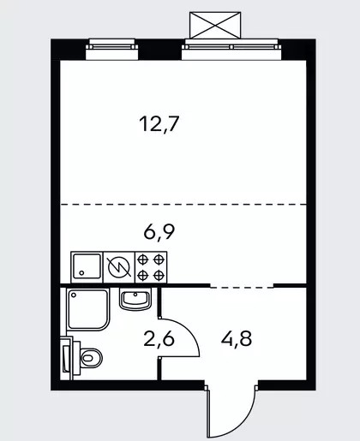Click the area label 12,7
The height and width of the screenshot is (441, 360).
(159, 124)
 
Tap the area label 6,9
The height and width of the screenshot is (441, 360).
(159, 232)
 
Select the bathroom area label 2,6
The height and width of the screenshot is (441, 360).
(159, 339)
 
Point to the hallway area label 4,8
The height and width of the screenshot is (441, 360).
(237, 339)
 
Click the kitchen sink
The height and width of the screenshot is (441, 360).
(87, 267)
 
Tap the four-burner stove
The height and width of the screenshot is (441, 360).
(151, 267)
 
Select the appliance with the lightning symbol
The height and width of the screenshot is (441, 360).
(119, 267)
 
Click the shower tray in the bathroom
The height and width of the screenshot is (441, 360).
(88, 309)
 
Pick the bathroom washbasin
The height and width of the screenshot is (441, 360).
(135, 299)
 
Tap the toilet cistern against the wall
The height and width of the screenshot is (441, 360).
(67, 358)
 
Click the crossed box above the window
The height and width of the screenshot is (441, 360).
(215, 25)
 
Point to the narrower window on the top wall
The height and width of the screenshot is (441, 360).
(112, 49)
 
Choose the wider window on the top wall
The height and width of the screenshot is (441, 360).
(231, 49)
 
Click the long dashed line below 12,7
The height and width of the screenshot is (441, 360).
(183, 205)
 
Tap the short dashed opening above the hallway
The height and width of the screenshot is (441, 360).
(242, 288)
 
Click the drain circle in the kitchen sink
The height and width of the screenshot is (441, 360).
(81, 273)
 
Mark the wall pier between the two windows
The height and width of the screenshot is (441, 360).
(160, 50)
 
